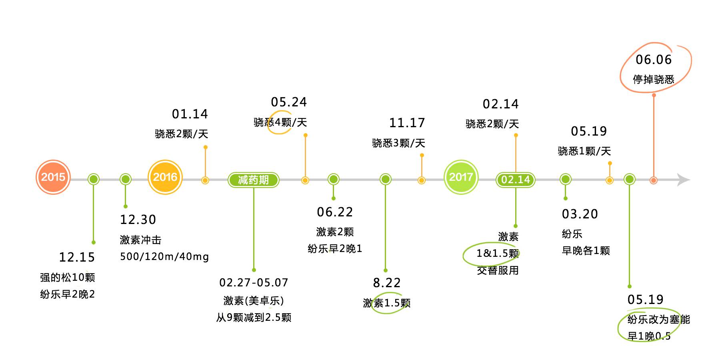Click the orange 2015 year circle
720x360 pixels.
point(53,177)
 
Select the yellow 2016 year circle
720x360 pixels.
point(165,177)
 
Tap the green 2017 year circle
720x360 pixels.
point(461,177)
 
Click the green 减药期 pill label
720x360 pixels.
point(253,180)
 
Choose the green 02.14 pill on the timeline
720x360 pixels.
point(515,180)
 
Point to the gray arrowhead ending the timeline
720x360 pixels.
point(684,180)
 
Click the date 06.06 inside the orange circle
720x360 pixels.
point(654,60)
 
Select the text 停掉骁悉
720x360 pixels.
point(654,80)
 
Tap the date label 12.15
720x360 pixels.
point(77,257)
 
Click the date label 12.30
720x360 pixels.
point(138,220)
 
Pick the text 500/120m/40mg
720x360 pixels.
point(164,256)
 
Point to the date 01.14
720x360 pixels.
point(190,114)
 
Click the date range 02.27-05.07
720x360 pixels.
point(254,283)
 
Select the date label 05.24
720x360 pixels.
point(289,102)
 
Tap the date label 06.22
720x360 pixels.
point(335,212)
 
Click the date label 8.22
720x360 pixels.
point(387,283)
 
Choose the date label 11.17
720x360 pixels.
point(407,123)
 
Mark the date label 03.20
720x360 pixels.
point(580,214)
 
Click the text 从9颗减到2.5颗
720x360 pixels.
point(254,318)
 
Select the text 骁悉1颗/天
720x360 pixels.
point(584,151)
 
